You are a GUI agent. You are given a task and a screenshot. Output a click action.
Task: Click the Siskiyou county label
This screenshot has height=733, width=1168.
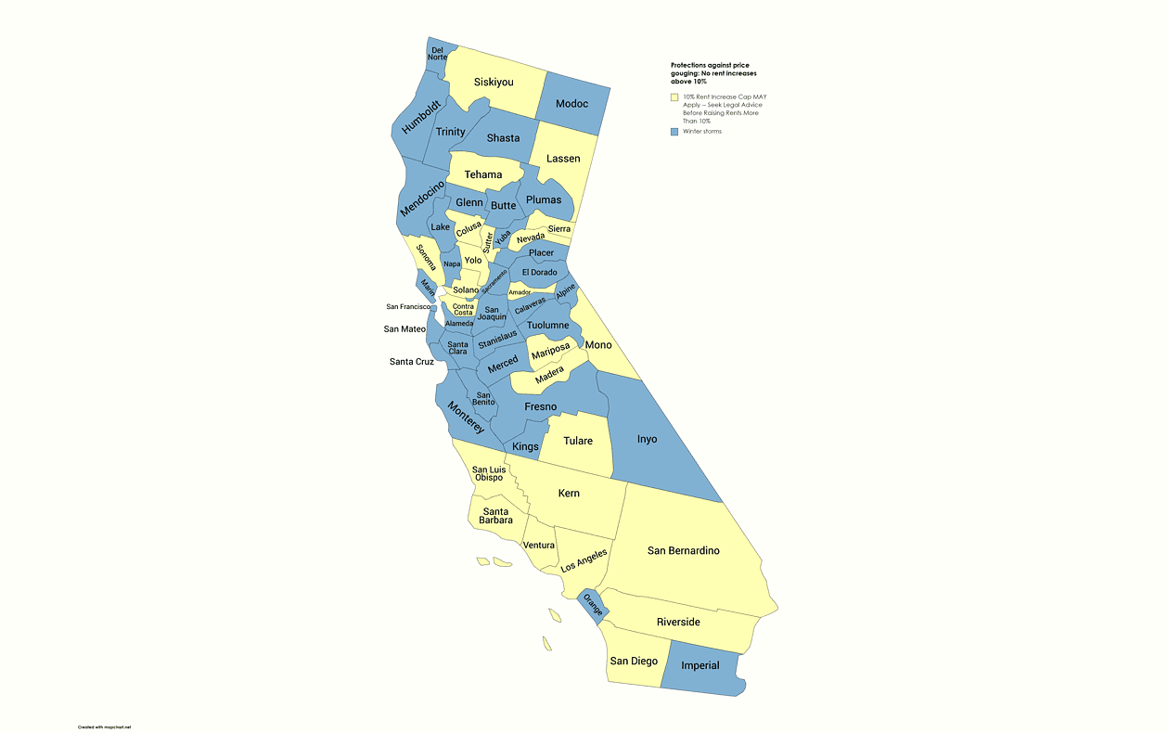[494, 83]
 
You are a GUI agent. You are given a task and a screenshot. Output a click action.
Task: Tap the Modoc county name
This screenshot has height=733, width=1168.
[571, 103]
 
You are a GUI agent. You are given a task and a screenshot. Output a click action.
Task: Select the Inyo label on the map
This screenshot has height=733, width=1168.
[647, 439]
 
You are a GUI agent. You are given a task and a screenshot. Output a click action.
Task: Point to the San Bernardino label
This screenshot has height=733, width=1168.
[683, 550]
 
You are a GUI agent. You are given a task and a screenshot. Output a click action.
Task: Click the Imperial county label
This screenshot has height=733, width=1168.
[700, 665]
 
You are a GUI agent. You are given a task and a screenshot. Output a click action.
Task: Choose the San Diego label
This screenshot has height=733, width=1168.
[634, 661]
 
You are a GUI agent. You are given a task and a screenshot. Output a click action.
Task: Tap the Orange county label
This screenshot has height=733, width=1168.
[593, 604]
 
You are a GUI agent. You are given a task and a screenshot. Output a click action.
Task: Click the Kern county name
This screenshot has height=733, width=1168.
[569, 493]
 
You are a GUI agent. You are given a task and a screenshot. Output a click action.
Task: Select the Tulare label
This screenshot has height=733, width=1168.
[578, 441]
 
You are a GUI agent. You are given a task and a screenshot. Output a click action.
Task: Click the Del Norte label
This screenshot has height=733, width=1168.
[437, 53]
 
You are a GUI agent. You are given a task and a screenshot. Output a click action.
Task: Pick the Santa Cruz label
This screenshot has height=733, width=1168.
[412, 362]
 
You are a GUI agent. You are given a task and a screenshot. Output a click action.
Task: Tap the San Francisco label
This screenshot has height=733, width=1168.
[408, 306]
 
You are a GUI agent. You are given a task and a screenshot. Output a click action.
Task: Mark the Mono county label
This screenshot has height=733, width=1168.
[598, 345]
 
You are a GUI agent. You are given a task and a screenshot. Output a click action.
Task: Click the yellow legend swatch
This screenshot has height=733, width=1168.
[674, 97]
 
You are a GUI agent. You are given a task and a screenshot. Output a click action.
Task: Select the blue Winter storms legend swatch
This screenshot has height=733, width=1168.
[674, 132]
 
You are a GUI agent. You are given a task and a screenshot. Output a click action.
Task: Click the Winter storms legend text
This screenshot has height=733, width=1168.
[702, 132]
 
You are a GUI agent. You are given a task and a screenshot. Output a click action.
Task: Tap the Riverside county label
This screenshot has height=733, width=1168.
[678, 622]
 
